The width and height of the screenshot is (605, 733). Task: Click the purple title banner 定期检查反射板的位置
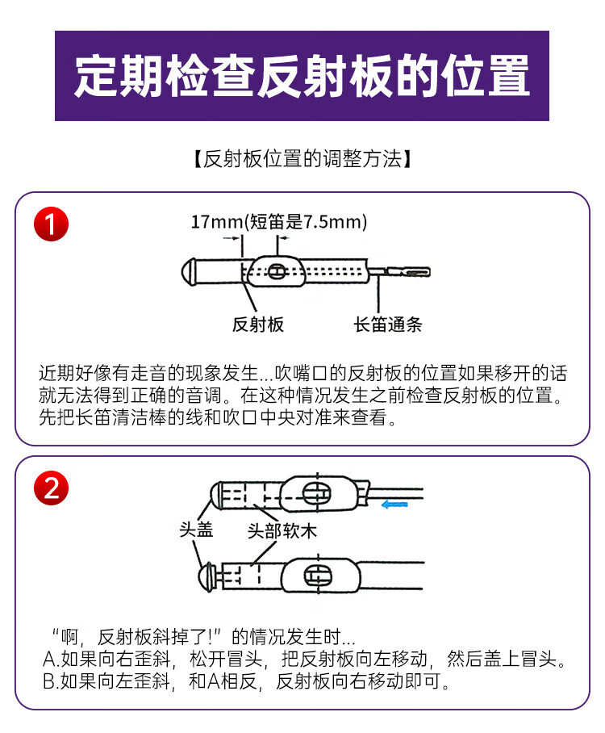pos(302,76)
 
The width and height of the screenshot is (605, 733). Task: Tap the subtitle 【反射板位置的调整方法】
pos(302,159)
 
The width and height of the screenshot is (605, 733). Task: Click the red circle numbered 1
pos(52,224)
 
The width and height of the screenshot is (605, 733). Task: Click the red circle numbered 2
pos(52,488)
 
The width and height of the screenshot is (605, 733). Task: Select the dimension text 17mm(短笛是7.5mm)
pos(279,221)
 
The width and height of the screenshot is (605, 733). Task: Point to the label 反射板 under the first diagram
pos(258,324)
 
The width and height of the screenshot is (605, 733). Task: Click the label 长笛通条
pos(388,324)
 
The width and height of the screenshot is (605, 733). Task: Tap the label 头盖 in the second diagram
pos(197,530)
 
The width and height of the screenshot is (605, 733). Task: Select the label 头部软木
pos(282,531)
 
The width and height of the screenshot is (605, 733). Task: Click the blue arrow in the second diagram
pos(394,505)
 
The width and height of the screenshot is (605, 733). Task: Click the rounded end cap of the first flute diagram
pos(188,270)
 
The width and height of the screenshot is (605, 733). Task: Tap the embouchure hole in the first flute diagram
pos(276,270)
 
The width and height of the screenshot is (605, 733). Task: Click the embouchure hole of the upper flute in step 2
pos(317,494)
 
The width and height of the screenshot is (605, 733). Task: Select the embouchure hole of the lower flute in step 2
pos(318,576)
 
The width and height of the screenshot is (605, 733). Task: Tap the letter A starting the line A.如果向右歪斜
pos(49,660)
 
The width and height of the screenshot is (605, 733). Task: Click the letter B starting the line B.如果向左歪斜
pos(49,681)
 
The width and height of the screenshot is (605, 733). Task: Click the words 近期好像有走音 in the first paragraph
pos(102,373)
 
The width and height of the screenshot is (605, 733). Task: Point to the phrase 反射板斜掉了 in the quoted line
pos(152,637)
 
